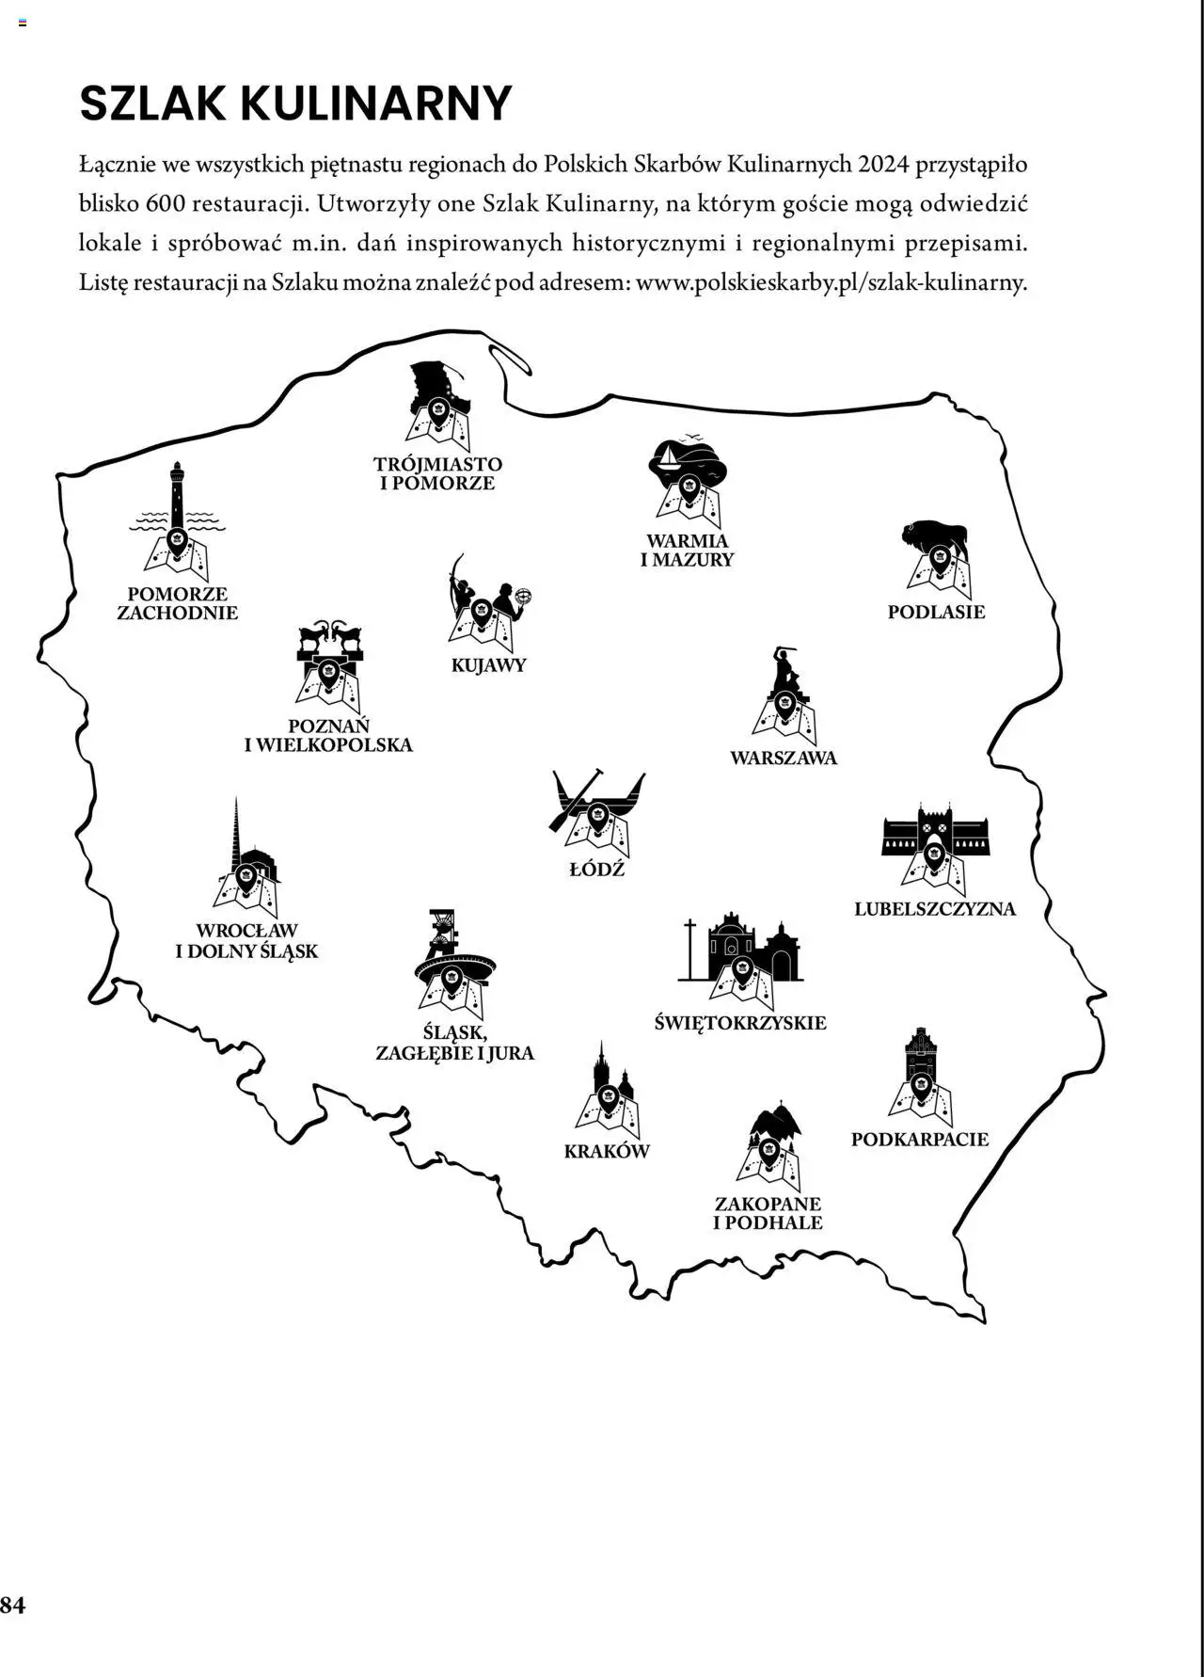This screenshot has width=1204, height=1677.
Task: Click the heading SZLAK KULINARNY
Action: (x=295, y=104)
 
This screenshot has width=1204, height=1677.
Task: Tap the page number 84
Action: (x=13, y=1605)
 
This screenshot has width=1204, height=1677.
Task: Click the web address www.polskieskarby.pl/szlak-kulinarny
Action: (x=831, y=282)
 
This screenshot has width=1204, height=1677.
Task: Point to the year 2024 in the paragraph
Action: (x=882, y=165)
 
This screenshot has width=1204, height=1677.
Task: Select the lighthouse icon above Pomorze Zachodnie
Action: (x=177, y=518)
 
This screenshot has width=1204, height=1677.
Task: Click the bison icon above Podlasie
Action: (x=935, y=551)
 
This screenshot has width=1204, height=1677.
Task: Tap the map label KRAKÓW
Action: (x=607, y=1151)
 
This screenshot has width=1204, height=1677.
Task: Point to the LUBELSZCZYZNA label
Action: (x=935, y=909)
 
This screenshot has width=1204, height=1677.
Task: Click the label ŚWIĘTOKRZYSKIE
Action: (x=740, y=1023)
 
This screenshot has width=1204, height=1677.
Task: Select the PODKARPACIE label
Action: (x=920, y=1140)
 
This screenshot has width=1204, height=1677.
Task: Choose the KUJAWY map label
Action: (x=488, y=665)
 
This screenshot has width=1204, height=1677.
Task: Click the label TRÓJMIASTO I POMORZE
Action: (x=437, y=473)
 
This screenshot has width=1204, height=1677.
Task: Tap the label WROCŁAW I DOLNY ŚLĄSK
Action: (x=246, y=941)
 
